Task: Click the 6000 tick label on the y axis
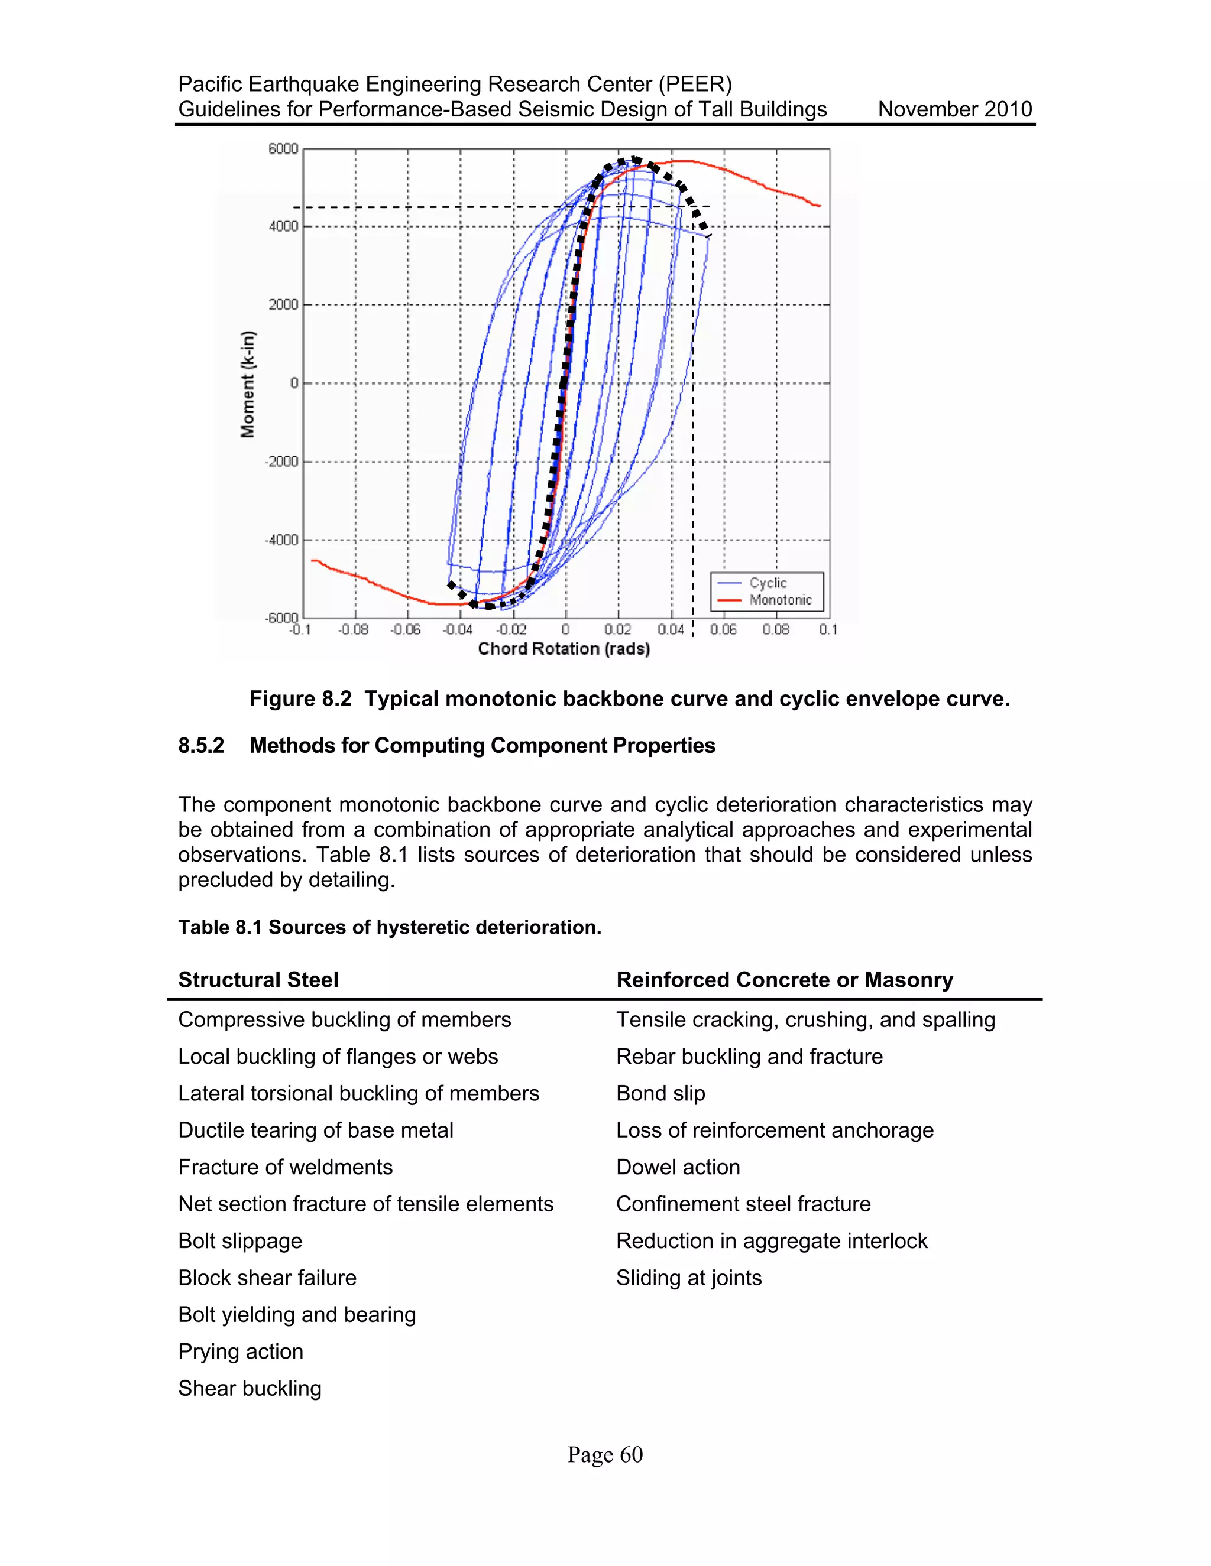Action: point(283,149)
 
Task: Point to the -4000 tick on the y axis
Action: point(282,540)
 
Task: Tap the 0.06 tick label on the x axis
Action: point(723,629)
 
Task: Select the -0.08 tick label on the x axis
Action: point(353,629)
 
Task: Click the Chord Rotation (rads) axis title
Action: point(564,649)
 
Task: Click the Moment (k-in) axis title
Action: point(248,384)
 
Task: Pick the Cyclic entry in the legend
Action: point(768,583)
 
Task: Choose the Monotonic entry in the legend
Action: point(780,600)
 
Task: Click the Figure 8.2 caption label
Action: point(300,699)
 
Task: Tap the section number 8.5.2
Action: point(201,746)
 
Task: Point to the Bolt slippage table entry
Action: point(240,1241)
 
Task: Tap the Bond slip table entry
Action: point(660,1093)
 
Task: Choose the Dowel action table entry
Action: point(678,1167)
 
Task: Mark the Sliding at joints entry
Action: point(689,1278)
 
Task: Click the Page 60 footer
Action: point(605,1455)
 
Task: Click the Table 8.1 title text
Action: point(390,927)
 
